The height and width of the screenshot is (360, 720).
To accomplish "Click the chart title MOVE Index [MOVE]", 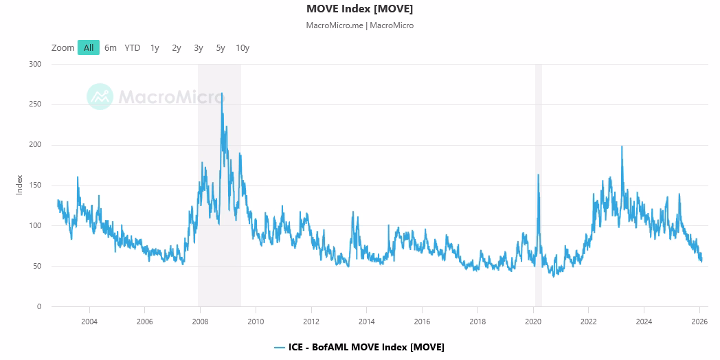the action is click(x=359, y=9).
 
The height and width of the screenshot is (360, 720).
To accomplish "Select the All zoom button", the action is click(x=89, y=47).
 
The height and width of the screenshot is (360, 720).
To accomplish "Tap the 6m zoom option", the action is click(x=110, y=48).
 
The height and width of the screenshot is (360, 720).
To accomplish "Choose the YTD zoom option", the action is click(x=132, y=48).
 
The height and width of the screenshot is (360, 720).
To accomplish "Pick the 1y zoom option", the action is click(x=155, y=48).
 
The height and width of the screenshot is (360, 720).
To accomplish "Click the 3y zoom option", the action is click(x=199, y=48).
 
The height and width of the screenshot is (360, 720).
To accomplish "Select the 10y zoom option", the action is click(x=243, y=48).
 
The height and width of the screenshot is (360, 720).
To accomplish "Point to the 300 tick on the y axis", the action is click(x=36, y=65).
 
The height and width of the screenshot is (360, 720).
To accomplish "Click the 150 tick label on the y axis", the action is click(x=36, y=185).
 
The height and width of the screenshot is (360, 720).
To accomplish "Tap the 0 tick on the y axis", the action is click(x=39, y=306).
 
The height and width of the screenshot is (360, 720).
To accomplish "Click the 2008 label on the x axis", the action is click(x=200, y=322).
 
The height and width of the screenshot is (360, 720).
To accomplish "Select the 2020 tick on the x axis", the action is click(x=533, y=322).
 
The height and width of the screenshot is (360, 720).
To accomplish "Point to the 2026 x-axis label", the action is click(x=699, y=322).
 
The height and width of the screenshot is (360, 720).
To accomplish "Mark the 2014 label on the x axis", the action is click(x=366, y=322).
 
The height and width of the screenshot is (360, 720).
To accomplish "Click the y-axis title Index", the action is click(x=19, y=185).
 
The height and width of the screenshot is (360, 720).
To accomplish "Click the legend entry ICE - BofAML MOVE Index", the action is click(x=359, y=347).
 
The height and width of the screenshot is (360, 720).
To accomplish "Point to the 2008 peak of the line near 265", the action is click(x=222, y=93).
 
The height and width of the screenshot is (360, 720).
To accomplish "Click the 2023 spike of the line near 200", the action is click(x=622, y=146).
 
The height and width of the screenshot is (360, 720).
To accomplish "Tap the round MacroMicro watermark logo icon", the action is click(x=100, y=96).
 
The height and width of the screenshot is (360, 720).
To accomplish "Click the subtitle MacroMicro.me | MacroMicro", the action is click(x=359, y=25).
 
